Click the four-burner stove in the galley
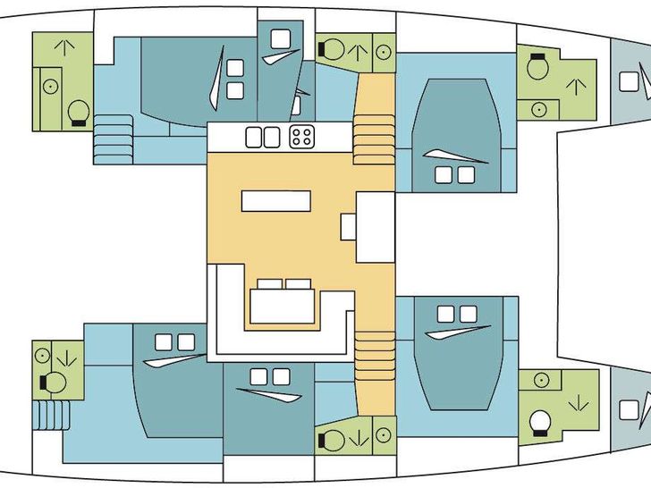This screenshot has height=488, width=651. [x=301, y=137]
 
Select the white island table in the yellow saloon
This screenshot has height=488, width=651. [x=276, y=200]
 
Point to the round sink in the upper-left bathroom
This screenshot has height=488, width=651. [x=51, y=87]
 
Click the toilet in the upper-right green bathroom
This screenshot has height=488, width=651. [x=538, y=68]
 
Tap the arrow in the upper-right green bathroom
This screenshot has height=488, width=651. [x=576, y=88]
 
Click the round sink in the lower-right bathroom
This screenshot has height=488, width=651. [x=539, y=381]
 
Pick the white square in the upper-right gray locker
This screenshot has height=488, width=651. [x=629, y=81]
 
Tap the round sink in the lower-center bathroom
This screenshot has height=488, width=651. [x=383, y=435]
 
